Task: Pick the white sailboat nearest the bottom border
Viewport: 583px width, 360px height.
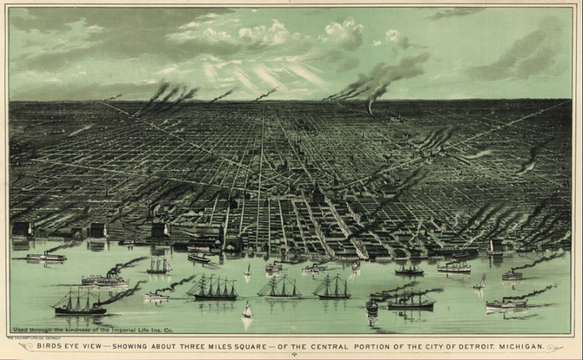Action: click(247, 312)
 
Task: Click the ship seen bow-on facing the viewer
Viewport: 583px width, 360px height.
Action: click(371, 307)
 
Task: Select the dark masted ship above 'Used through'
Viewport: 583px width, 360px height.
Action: click(79, 302)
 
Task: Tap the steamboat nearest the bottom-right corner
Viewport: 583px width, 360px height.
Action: click(506, 304)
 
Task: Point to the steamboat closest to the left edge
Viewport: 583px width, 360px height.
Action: click(46, 257)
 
